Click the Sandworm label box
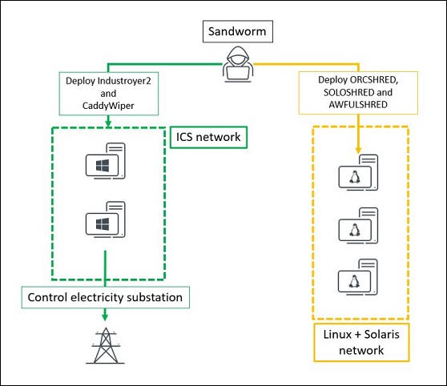237,31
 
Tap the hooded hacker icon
238,64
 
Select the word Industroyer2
124,81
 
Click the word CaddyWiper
108,106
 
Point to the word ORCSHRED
374,80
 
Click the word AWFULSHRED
358,105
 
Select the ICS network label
208,137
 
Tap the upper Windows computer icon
106,161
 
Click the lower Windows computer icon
106,219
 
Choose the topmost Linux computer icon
358,173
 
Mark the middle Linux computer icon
358,226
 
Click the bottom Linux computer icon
358,277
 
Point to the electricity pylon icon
105,345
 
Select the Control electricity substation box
106,298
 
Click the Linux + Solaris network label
361,343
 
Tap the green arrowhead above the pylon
105,316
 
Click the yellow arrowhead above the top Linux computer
358,151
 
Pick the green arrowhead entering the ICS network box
108,123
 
